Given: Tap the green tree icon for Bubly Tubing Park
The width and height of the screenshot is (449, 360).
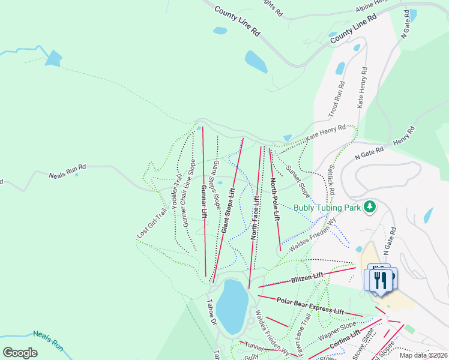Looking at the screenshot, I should pos(370,206).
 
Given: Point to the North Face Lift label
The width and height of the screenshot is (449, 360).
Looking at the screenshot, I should pos(255,218).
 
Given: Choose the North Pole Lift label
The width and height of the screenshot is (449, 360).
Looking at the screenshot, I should pos(275,199).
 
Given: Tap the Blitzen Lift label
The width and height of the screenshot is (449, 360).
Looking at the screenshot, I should pos(307,277).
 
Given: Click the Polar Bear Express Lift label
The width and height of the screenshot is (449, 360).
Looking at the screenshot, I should pos(310,305).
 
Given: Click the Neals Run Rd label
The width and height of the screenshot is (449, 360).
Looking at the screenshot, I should pos(68,173).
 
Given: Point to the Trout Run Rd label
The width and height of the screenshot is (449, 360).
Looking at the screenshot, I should pos(334,99).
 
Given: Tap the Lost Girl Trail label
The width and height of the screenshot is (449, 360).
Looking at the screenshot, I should pos(152,224).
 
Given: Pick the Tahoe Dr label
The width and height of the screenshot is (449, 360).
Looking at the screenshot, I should pos(211,311).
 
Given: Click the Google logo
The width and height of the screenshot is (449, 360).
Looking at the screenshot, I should pos(20,353).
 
